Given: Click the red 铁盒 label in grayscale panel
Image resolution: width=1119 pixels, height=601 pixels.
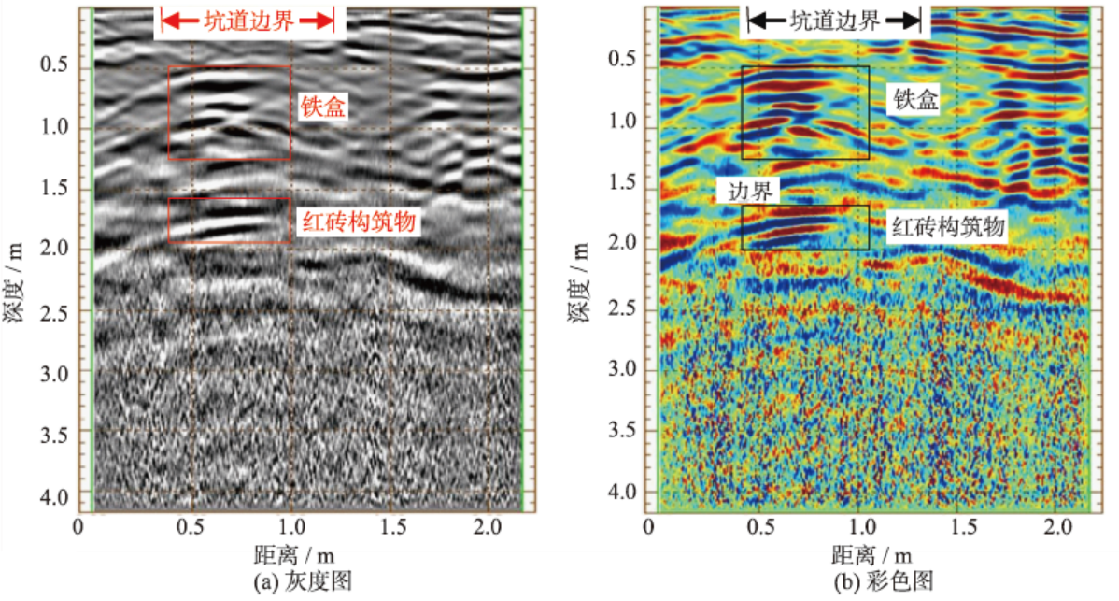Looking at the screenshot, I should [323, 107].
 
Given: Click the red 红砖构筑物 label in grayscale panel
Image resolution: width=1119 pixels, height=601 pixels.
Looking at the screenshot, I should [358, 222].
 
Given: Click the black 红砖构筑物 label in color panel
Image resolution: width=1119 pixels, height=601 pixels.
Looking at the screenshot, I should [948, 226].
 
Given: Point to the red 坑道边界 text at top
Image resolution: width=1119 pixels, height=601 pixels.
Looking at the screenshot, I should [248, 21].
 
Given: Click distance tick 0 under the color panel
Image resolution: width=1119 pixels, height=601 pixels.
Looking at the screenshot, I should [650, 527].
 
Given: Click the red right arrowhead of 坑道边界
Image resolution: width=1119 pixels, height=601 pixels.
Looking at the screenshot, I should [325, 21].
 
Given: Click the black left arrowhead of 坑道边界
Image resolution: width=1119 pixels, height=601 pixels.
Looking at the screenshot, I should [756, 21].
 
